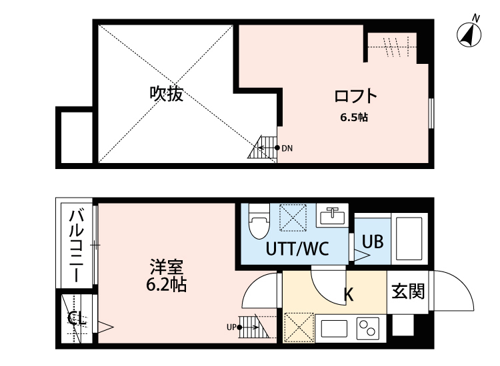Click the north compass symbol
click(471, 33)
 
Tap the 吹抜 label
click(166, 94)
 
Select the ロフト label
click(356, 96)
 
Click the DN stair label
click(287, 148)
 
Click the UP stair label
click(231, 327)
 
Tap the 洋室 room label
click(166, 269)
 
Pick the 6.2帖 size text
click(166, 286)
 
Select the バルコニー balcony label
click(77, 246)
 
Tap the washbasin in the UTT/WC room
click(331, 217)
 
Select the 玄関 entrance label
click(409, 291)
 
